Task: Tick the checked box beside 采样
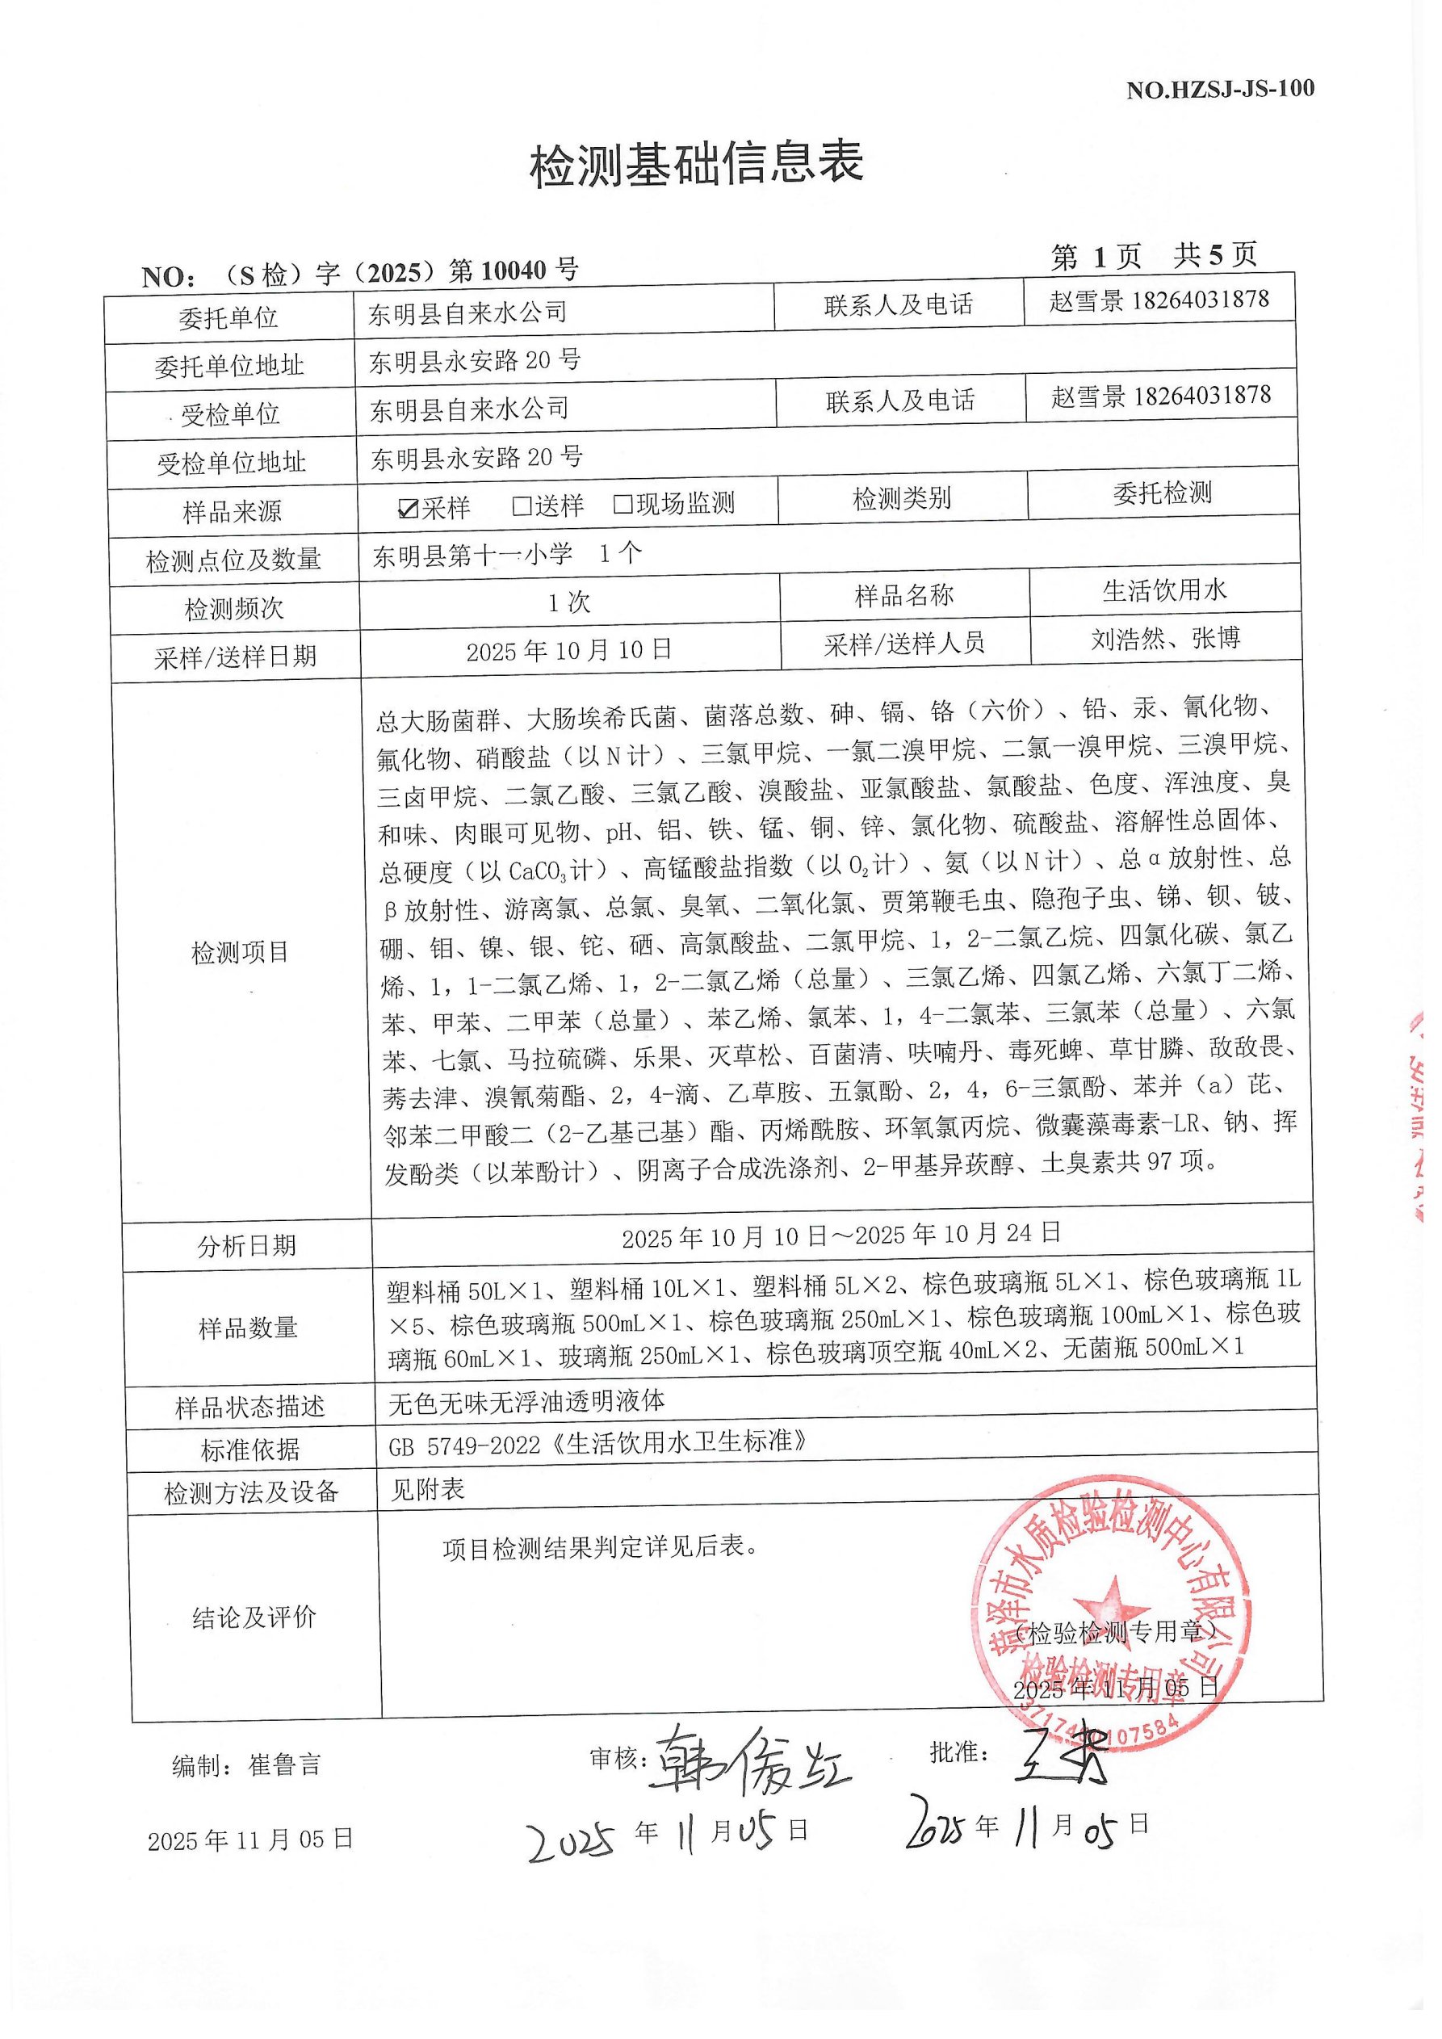(409, 508)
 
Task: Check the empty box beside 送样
(522, 506)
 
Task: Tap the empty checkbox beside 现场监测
(623, 505)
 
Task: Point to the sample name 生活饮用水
(1164, 590)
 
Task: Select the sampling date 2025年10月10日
(569, 650)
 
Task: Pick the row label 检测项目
(240, 953)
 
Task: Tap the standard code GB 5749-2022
(464, 1446)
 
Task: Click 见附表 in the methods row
(428, 1489)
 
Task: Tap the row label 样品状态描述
(250, 1408)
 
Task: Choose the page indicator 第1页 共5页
(1154, 257)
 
